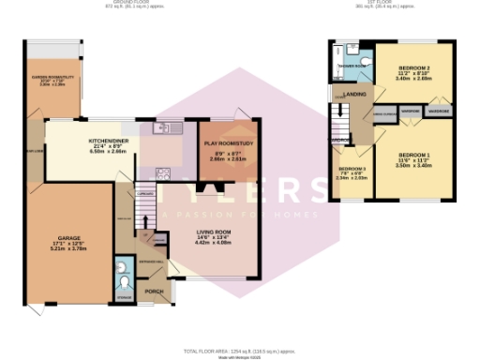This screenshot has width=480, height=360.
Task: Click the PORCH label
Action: pyautogui.click(x=155, y=292)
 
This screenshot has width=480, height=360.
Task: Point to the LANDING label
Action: pyautogui.click(x=354, y=95)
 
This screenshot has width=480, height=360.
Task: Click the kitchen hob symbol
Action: pyautogui.click(x=162, y=172)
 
